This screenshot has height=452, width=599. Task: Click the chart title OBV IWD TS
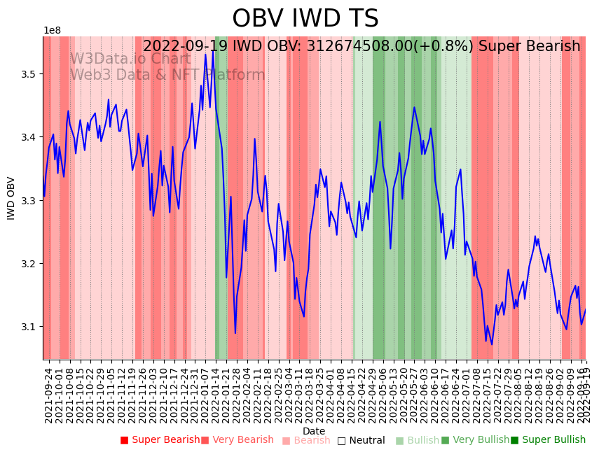(x=305, y=19)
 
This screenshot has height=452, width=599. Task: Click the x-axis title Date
(x=314, y=431)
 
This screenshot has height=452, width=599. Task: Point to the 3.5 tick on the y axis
(x=30, y=74)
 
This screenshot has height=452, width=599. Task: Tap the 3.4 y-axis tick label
(x=30, y=137)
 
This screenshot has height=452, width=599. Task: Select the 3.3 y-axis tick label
(x=30, y=201)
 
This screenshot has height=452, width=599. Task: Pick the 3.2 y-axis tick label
(x=30, y=264)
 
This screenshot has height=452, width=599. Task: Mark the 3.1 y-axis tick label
(x=30, y=327)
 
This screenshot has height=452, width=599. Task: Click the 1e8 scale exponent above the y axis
(x=52, y=31)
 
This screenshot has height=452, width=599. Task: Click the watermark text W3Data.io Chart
(x=130, y=59)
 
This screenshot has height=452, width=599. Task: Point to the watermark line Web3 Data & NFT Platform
(x=167, y=75)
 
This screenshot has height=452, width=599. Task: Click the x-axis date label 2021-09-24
(x=49, y=395)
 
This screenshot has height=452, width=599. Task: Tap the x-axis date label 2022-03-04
(x=288, y=395)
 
